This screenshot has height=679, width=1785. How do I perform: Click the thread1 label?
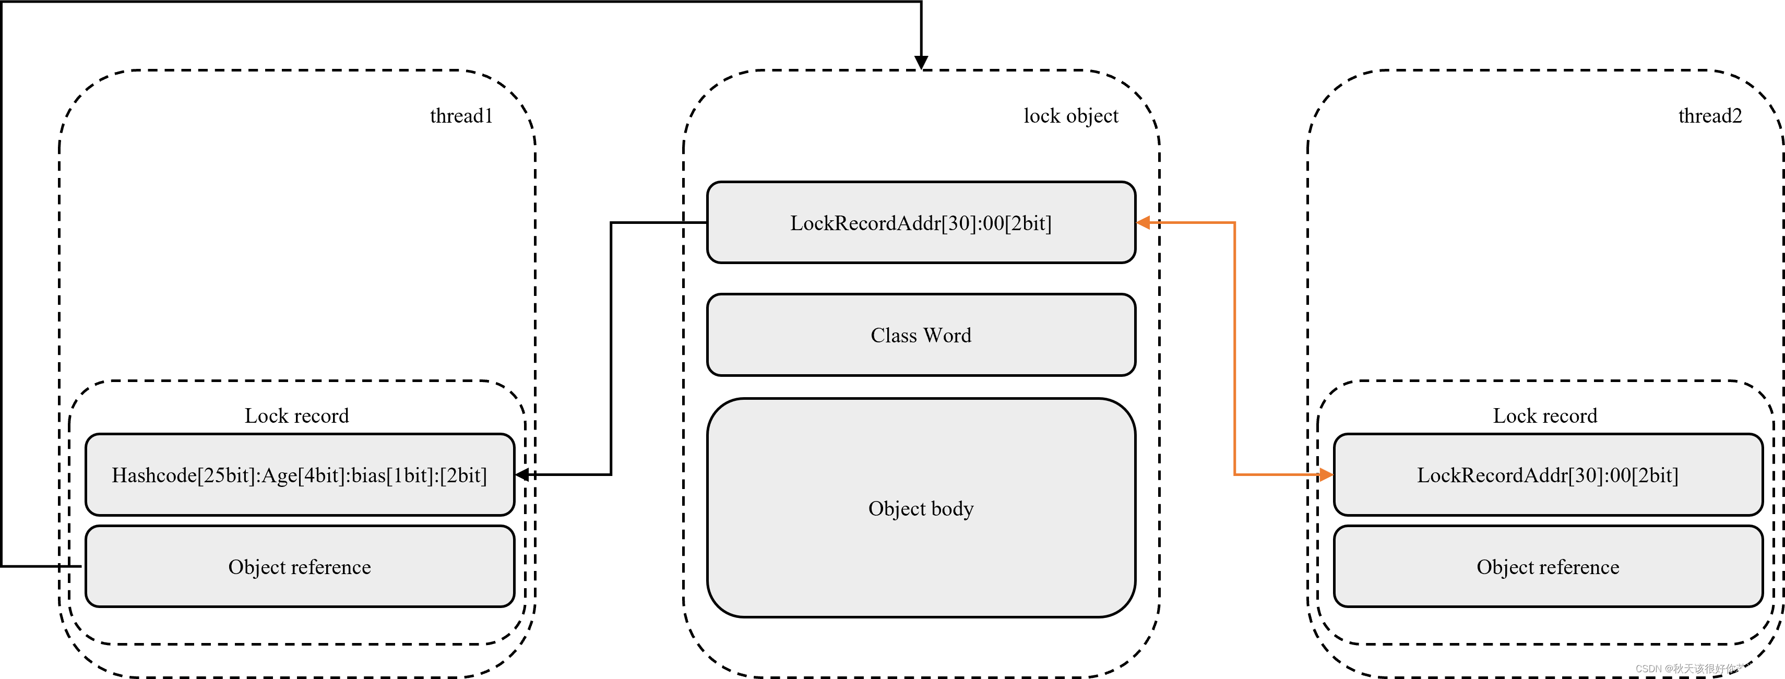[x=461, y=116]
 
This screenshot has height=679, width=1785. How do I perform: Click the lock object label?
[x=1070, y=116]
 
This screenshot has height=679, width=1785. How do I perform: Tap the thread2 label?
[x=1709, y=116]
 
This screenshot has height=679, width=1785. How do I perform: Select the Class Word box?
[x=921, y=336]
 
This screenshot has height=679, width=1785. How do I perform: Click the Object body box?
[x=921, y=508]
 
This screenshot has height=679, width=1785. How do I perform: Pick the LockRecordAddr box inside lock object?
[x=921, y=223]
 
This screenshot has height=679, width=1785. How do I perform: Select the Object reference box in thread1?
[x=300, y=567]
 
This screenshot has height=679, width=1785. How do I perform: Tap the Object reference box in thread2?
[x=1548, y=567]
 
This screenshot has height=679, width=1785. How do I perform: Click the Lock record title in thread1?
[x=296, y=416]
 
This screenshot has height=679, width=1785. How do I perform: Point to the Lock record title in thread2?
[x=1544, y=416]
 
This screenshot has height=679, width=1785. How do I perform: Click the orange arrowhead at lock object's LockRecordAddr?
[x=1144, y=222]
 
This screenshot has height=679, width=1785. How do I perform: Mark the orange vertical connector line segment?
[x=1234, y=347]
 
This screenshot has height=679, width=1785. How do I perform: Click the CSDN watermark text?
[x=1705, y=669]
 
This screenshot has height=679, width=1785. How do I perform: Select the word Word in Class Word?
[x=947, y=336]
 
